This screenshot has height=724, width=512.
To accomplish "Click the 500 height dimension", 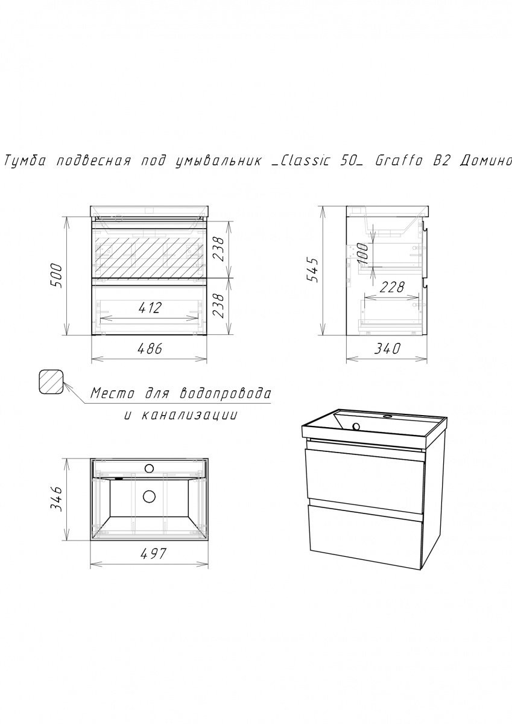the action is (57, 276).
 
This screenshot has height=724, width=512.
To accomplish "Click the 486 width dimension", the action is (150, 349).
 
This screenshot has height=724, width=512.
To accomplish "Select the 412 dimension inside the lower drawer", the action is (150, 308).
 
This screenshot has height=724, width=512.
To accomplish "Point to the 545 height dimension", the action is (313, 270).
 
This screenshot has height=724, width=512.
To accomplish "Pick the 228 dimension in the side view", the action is (392, 287).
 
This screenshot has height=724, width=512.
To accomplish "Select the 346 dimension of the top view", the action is (57, 499).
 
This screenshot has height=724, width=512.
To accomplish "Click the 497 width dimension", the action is (153, 554).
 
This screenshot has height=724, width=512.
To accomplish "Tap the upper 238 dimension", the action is (218, 249).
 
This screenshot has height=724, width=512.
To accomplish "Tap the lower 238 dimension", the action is (218, 306).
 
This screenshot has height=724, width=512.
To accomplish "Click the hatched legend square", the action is (51, 382).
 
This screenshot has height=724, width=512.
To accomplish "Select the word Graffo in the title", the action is (398, 161).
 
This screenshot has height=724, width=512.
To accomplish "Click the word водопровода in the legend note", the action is (224, 393).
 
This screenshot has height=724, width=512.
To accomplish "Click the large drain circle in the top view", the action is (149, 497).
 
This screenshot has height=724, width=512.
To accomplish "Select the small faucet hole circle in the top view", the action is (149, 468).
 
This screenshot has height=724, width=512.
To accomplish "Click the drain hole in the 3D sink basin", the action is (356, 427).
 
